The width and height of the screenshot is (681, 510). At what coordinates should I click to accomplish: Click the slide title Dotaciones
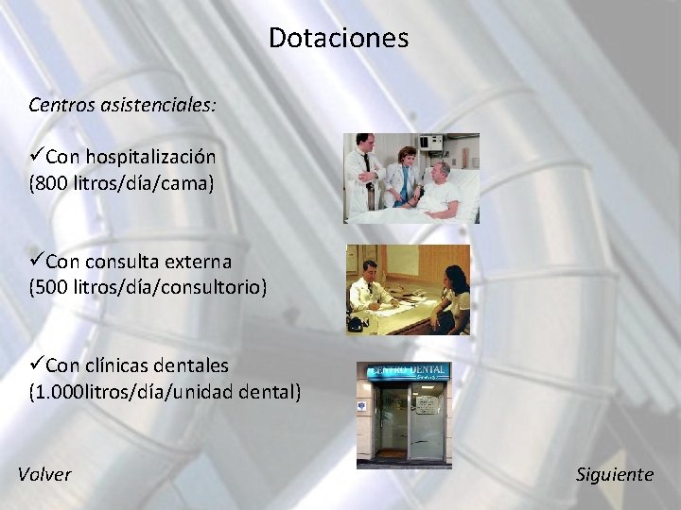click(x=339, y=38)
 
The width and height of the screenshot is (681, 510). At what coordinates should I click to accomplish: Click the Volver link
click(x=44, y=474)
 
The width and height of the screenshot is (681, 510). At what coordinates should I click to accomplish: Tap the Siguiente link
click(x=614, y=474)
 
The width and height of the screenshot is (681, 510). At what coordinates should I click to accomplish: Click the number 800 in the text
click(x=52, y=182)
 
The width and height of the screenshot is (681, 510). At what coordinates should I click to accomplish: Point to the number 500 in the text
click(x=52, y=286)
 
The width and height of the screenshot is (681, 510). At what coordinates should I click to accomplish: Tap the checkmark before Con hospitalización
click(x=36, y=156)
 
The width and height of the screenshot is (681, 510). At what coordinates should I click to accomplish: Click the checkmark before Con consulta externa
click(x=36, y=260)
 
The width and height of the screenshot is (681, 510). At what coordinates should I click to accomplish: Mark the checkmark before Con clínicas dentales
click(x=36, y=364)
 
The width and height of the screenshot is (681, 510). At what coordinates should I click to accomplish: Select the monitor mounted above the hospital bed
click(x=431, y=144)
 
